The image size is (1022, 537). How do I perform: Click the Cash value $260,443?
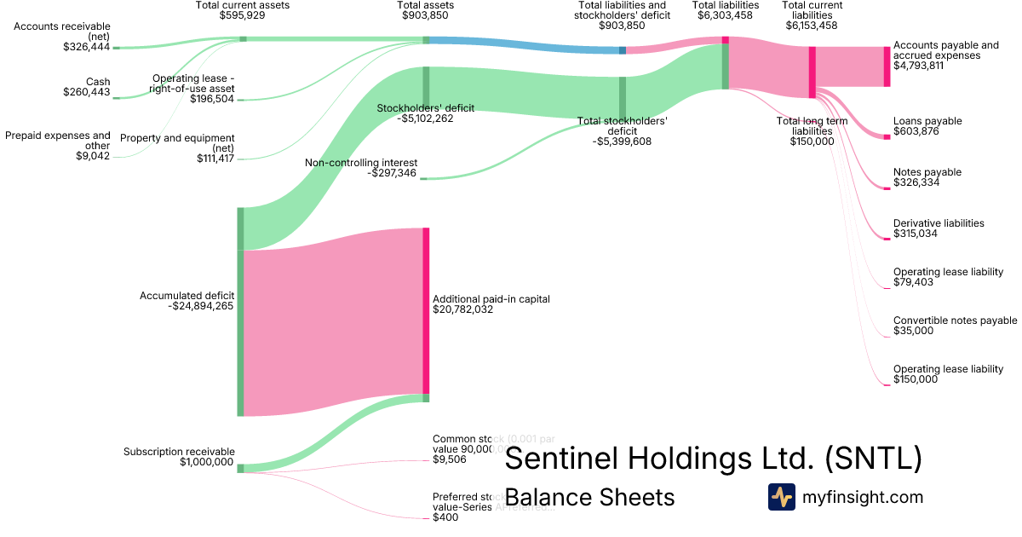pos(86,92)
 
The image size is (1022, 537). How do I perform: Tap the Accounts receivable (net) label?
pos(62,31)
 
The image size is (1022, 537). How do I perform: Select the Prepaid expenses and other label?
pos(58,140)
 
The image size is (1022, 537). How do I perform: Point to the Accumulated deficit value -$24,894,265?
pos(201,306)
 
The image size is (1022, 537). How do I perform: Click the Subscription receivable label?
pos(179,452)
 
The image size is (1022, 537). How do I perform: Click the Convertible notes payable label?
pos(955,320)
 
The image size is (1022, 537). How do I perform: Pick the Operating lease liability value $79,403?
pos(913,281)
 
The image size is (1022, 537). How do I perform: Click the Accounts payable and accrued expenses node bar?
pos(886,66)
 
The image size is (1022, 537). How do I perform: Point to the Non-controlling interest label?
pos(361,162)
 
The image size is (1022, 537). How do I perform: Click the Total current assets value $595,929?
pos(243,15)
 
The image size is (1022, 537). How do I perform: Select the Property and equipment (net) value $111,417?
pos(209,159)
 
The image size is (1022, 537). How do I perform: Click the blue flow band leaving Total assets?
pos(524,44)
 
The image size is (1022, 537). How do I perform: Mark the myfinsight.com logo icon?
pos(781,497)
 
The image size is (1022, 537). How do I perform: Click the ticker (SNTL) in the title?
pos(873,459)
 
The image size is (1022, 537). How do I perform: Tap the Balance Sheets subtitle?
pos(589,497)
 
